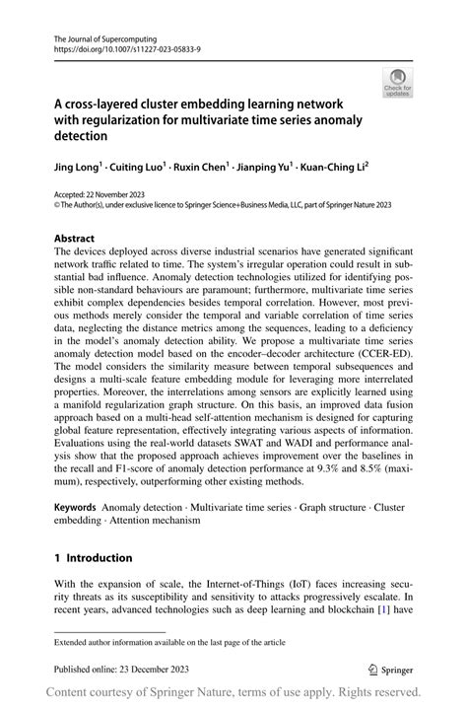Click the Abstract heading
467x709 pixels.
pyautogui.click(x=75, y=238)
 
